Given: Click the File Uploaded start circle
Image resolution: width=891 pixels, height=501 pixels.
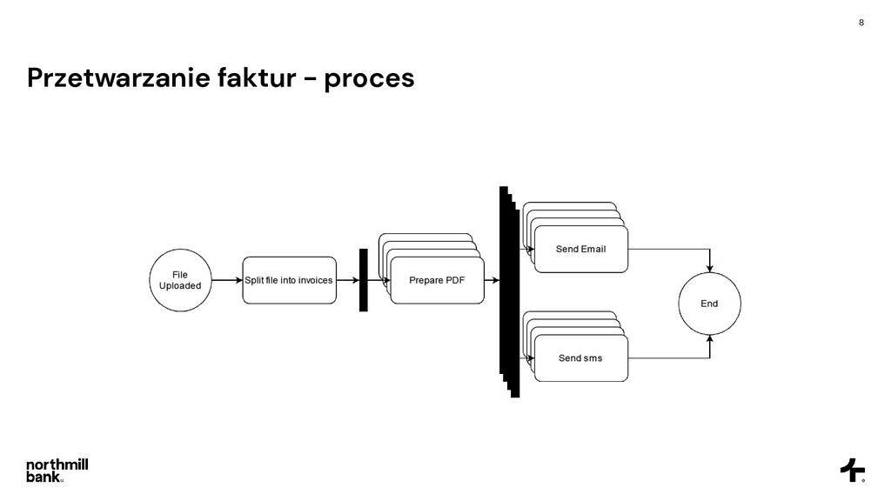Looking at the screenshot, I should [180, 280].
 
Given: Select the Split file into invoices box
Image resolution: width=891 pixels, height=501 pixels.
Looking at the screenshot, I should [289, 280].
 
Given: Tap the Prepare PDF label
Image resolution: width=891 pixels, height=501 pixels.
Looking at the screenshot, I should [437, 280].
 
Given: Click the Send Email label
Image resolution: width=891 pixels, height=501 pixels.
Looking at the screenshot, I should [580, 249].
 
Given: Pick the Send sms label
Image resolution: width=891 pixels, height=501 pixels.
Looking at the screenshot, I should [580, 357].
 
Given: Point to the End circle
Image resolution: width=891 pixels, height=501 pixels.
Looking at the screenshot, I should [709, 304].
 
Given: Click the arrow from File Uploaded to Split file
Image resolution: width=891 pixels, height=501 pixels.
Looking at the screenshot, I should [226, 280].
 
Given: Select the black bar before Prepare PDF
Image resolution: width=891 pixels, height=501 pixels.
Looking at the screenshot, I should [364, 280].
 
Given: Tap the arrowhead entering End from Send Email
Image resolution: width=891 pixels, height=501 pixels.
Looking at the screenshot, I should [710, 267].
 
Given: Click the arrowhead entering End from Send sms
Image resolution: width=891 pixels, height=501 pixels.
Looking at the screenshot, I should [710, 340].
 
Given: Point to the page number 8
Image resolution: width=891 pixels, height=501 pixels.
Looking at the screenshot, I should [861, 23].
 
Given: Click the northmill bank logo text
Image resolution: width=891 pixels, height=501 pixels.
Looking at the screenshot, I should [57, 470].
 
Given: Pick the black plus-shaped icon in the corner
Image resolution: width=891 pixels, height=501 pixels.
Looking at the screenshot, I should [852, 470].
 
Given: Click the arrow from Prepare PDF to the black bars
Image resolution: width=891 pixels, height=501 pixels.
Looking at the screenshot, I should [492, 280].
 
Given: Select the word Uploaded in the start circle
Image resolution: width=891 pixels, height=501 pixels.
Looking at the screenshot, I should [180, 285].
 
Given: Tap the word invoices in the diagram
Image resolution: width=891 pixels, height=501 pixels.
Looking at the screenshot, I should [312, 280].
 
